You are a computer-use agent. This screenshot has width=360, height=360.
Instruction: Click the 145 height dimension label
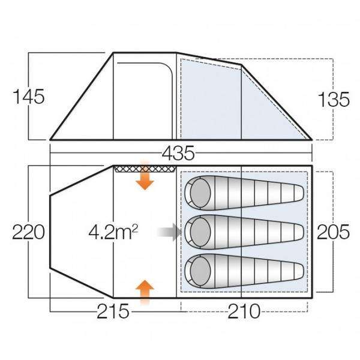[x=29, y=97]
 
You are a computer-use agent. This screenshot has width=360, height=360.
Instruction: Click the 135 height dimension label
[x=334, y=100]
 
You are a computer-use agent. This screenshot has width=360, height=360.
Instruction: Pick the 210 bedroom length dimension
[x=244, y=312]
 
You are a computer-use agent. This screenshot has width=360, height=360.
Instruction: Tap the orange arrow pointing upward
[x=144, y=291]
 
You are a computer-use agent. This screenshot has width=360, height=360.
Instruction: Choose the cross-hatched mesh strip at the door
[x=144, y=169]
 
